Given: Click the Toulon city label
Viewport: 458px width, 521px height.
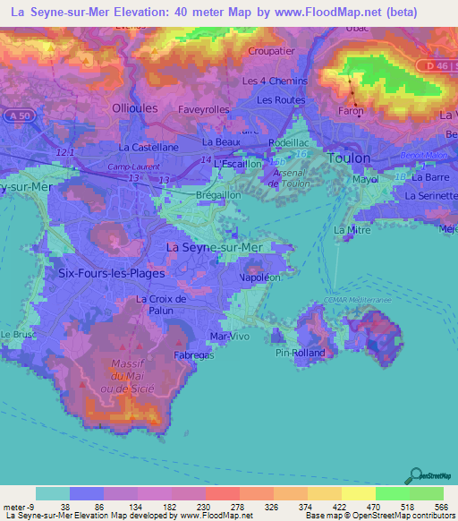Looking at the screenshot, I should (349, 158).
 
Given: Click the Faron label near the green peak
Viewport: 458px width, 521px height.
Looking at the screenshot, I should (353, 112).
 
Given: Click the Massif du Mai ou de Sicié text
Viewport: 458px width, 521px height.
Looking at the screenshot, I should (133, 376).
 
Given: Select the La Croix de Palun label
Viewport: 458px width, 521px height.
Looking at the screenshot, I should (160, 304).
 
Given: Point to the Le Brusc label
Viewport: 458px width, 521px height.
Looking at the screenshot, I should (16, 334).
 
